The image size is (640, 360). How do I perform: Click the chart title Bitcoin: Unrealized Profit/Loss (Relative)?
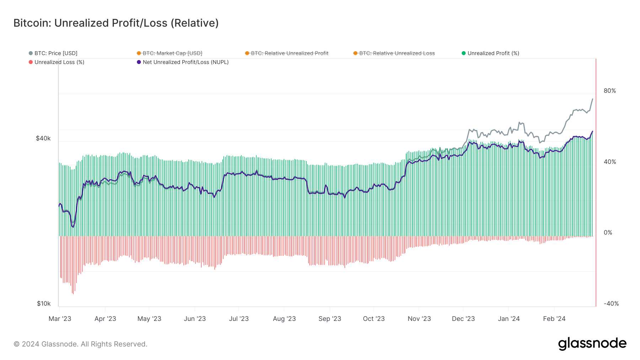pyautogui.click(x=116, y=23)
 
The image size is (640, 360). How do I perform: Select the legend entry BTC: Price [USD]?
pyautogui.click(x=55, y=53)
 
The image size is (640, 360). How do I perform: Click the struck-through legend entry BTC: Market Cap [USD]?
pyautogui.click(x=172, y=53)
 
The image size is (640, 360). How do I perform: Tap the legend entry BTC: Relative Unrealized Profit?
pyautogui.click(x=289, y=53)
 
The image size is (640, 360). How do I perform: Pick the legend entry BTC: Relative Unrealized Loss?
pyautogui.click(x=397, y=53)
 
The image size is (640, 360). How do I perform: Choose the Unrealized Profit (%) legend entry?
pyautogui.click(x=493, y=53)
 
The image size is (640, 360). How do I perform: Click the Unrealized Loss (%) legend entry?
pyautogui.click(x=59, y=62)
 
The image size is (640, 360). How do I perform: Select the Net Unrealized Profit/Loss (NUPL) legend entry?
pyautogui.click(x=185, y=62)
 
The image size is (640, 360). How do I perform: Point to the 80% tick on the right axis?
pyautogui.click(x=609, y=91)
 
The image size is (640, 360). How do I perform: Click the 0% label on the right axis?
pyautogui.click(x=608, y=233)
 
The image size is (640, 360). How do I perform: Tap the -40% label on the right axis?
pyautogui.click(x=611, y=304)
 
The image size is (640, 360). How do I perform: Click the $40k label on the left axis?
pyautogui.click(x=43, y=138)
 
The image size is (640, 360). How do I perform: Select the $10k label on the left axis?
pyautogui.click(x=43, y=303)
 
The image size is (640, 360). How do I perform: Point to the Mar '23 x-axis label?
pyautogui.click(x=60, y=319)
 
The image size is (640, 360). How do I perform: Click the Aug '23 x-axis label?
pyautogui.click(x=284, y=319)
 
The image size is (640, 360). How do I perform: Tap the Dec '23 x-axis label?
pyautogui.click(x=463, y=319)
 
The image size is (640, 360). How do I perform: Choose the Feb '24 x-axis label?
pyautogui.click(x=554, y=319)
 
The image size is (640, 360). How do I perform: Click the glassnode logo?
pyautogui.click(x=592, y=344)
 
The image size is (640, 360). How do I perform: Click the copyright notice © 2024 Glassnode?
pyautogui.click(x=80, y=344)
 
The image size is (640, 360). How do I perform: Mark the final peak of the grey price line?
pyautogui.click(x=592, y=99)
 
